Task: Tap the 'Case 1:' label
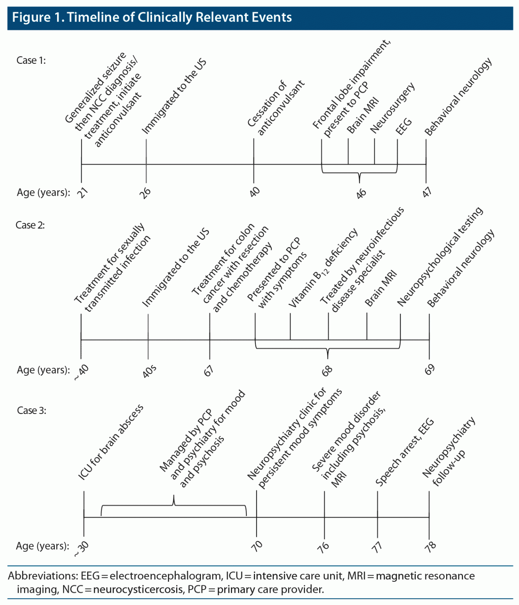tap(31, 60)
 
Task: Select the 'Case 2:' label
tap(30, 225)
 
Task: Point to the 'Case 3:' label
tap(32, 410)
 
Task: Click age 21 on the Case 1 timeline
tap(83, 193)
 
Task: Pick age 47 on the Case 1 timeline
tap(427, 192)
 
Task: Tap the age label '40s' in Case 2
tap(149, 371)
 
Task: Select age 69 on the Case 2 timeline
tap(430, 369)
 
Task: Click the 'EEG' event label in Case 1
tap(404, 126)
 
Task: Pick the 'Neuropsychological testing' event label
tap(440, 256)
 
